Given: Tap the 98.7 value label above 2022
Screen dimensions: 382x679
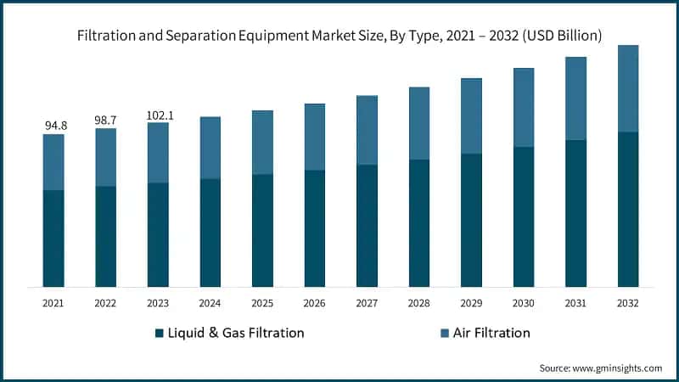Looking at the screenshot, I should [x=106, y=121].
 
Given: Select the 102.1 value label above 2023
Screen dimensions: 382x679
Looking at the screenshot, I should [x=158, y=115].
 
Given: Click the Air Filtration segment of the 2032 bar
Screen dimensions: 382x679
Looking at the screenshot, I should [x=628, y=88].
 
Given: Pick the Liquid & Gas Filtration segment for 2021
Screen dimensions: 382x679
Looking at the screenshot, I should [x=54, y=239].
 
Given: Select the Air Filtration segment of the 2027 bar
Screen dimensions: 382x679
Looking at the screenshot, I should [x=367, y=130].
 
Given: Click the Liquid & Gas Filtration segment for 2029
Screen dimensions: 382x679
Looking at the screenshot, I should [x=471, y=220].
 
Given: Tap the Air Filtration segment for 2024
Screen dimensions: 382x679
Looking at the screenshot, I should [x=210, y=148].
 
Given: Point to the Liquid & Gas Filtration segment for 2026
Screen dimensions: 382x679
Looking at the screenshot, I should [x=315, y=228].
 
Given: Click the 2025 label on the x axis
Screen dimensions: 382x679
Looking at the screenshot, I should [x=262, y=302].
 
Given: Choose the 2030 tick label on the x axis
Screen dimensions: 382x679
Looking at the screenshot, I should [x=524, y=302].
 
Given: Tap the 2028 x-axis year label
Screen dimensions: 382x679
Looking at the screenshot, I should [x=419, y=302].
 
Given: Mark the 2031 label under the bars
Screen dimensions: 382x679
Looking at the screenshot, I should [x=575, y=302].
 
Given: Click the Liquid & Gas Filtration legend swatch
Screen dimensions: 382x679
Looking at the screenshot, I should [x=160, y=333].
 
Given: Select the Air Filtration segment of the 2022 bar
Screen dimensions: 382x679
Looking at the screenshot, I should [x=106, y=157].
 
